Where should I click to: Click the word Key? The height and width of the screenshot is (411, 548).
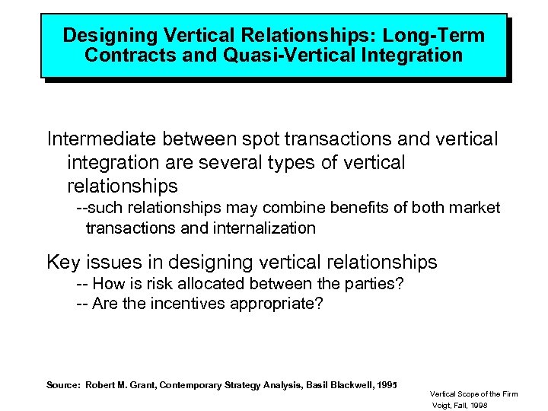click(64, 263)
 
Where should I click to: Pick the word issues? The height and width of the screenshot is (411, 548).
click(113, 263)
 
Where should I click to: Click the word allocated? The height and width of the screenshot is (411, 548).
click(221, 284)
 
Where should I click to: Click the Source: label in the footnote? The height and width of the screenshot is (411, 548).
click(63, 385)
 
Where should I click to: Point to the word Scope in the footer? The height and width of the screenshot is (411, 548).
click(470, 393)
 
